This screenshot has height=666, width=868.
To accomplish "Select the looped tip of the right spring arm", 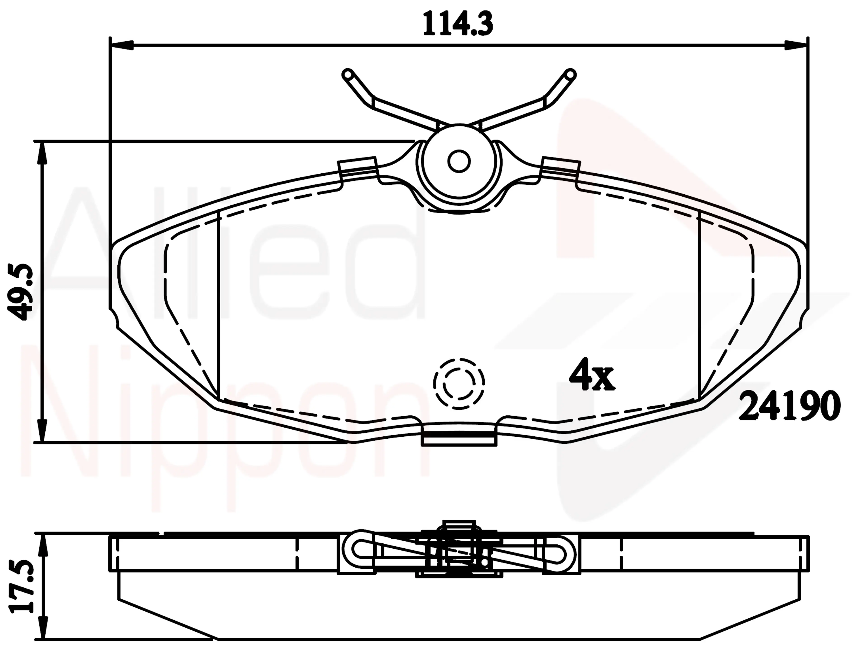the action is (570, 74).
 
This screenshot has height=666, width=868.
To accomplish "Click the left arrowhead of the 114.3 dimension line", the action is (121, 45).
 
